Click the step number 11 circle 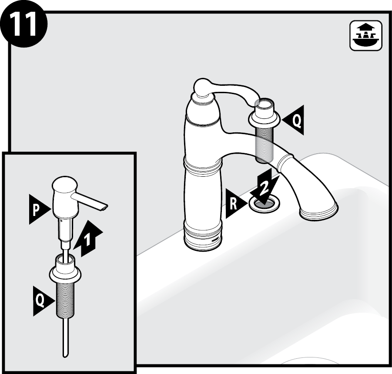point(23,24)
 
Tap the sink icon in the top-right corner point(366,36)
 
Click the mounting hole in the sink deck point(264,203)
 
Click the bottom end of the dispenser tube point(65,355)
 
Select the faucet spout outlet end point(319,212)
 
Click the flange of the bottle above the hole point(264,118)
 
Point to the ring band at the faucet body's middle point(203,165)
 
